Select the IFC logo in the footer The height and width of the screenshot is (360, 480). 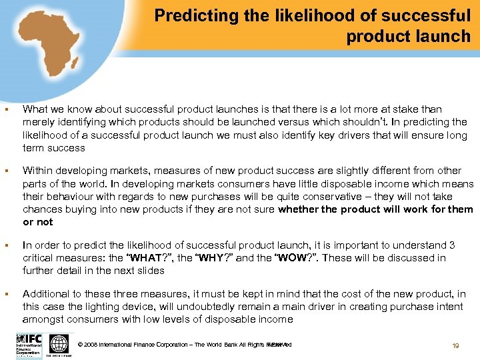pyautogui.click(x=29, y=345)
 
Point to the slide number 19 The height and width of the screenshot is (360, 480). pyautogui.click(x=456, y=346)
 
